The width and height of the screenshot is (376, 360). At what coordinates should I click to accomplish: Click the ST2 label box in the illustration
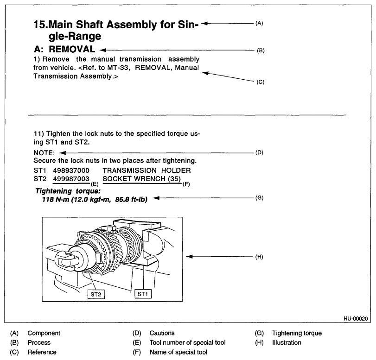point(96,294)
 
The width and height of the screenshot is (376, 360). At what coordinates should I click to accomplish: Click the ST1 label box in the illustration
point(143,294)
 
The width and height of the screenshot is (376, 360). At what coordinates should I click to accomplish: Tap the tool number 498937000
point(71,171)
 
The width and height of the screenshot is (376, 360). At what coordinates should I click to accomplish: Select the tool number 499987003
point(71,179)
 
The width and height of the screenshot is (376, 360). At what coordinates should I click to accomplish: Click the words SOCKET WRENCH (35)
point(142,179)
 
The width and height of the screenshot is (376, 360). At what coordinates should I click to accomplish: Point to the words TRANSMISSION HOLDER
point(147,171)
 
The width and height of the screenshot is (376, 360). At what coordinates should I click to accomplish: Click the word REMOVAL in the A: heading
point(72,49)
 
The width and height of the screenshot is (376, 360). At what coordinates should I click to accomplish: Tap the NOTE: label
point(44,153)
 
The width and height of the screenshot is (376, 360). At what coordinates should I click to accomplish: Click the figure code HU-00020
point(356,319)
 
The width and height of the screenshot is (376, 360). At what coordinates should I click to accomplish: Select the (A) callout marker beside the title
point(259,23)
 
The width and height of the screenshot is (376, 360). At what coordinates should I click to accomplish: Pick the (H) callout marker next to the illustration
point(259,257)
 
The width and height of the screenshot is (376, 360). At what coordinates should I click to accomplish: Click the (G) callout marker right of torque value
point(259,198)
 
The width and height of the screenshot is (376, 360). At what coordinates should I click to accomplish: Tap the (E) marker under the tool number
point(95,184)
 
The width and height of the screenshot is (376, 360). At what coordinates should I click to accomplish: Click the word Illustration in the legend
point(287,342)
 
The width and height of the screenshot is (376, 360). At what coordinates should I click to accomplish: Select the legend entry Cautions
point(162,333)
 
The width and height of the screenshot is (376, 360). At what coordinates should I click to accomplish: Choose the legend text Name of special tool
point(178,352)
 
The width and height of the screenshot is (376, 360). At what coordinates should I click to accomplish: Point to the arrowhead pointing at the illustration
point(189,257)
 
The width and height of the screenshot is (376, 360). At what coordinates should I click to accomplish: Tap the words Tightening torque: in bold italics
point(68,191)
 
